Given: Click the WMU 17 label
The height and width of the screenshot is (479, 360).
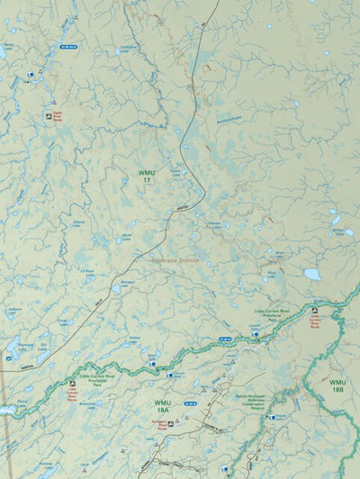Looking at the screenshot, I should (x=145, y=176).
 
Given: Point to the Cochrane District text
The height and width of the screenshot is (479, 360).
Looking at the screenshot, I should (x=175, y=258).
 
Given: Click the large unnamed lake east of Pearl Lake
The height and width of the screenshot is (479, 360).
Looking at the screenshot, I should (x=311, y=274).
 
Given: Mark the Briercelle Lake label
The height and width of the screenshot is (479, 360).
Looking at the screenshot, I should (x=86, y=404).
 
